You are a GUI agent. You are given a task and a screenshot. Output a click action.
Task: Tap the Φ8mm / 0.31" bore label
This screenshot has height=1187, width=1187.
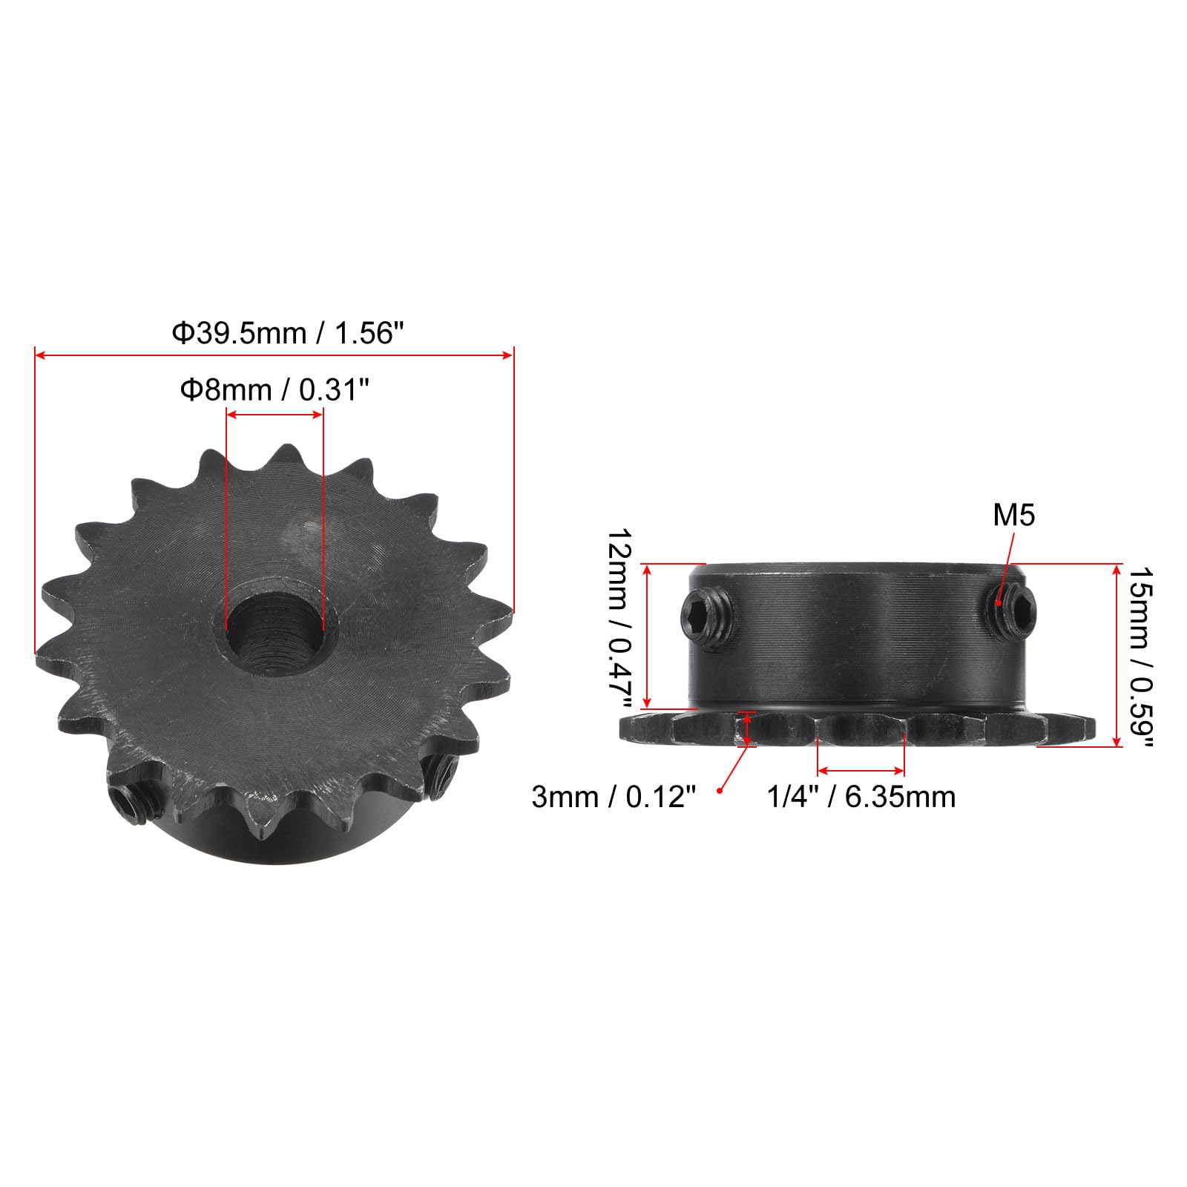pos(274,389)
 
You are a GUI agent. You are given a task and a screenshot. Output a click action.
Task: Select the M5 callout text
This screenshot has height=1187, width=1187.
pos(1013,515)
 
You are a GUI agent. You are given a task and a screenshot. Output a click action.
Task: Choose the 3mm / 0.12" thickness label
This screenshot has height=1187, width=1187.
pos(614,797)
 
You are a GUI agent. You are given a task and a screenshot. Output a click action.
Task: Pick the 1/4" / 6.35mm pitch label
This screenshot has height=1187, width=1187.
pos(861,797)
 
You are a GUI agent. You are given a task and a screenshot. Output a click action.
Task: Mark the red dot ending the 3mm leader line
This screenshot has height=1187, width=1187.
pos(719,792)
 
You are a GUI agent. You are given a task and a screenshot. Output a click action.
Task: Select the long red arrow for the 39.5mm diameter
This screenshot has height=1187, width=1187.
pos(274,356)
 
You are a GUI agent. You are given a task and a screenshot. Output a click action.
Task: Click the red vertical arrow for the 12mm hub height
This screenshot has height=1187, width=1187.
pos(647,636)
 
